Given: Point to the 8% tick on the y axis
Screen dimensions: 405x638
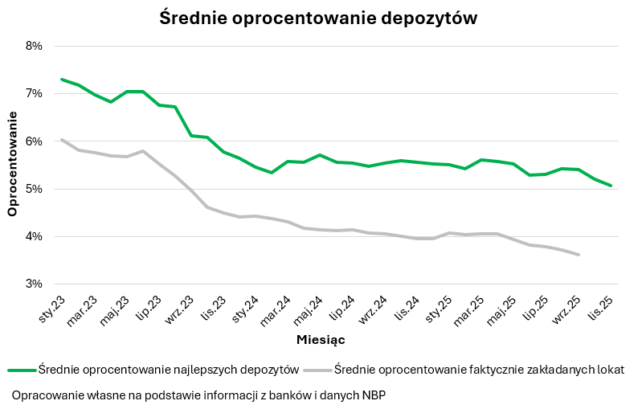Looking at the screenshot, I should [x=34, y=46].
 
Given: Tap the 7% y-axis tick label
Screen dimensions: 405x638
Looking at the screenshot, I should [x=34, y=93].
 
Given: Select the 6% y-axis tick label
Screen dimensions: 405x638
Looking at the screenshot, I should [x=34, y=141].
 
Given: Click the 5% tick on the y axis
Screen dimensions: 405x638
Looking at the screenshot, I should [x=34, y=189].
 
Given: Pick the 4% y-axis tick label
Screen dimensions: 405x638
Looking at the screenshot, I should [x=34, y=236].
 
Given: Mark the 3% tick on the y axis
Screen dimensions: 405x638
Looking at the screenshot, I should [x=34, y=284].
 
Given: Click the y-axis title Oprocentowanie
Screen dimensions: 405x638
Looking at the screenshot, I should [x=12, y=165].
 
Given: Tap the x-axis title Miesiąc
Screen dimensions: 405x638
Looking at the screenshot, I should [x=321, y=341].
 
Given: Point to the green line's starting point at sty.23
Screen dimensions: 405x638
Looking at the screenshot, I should [x=62, y=80].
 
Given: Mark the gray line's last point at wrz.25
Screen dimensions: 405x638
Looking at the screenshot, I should [x=579, y=255].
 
